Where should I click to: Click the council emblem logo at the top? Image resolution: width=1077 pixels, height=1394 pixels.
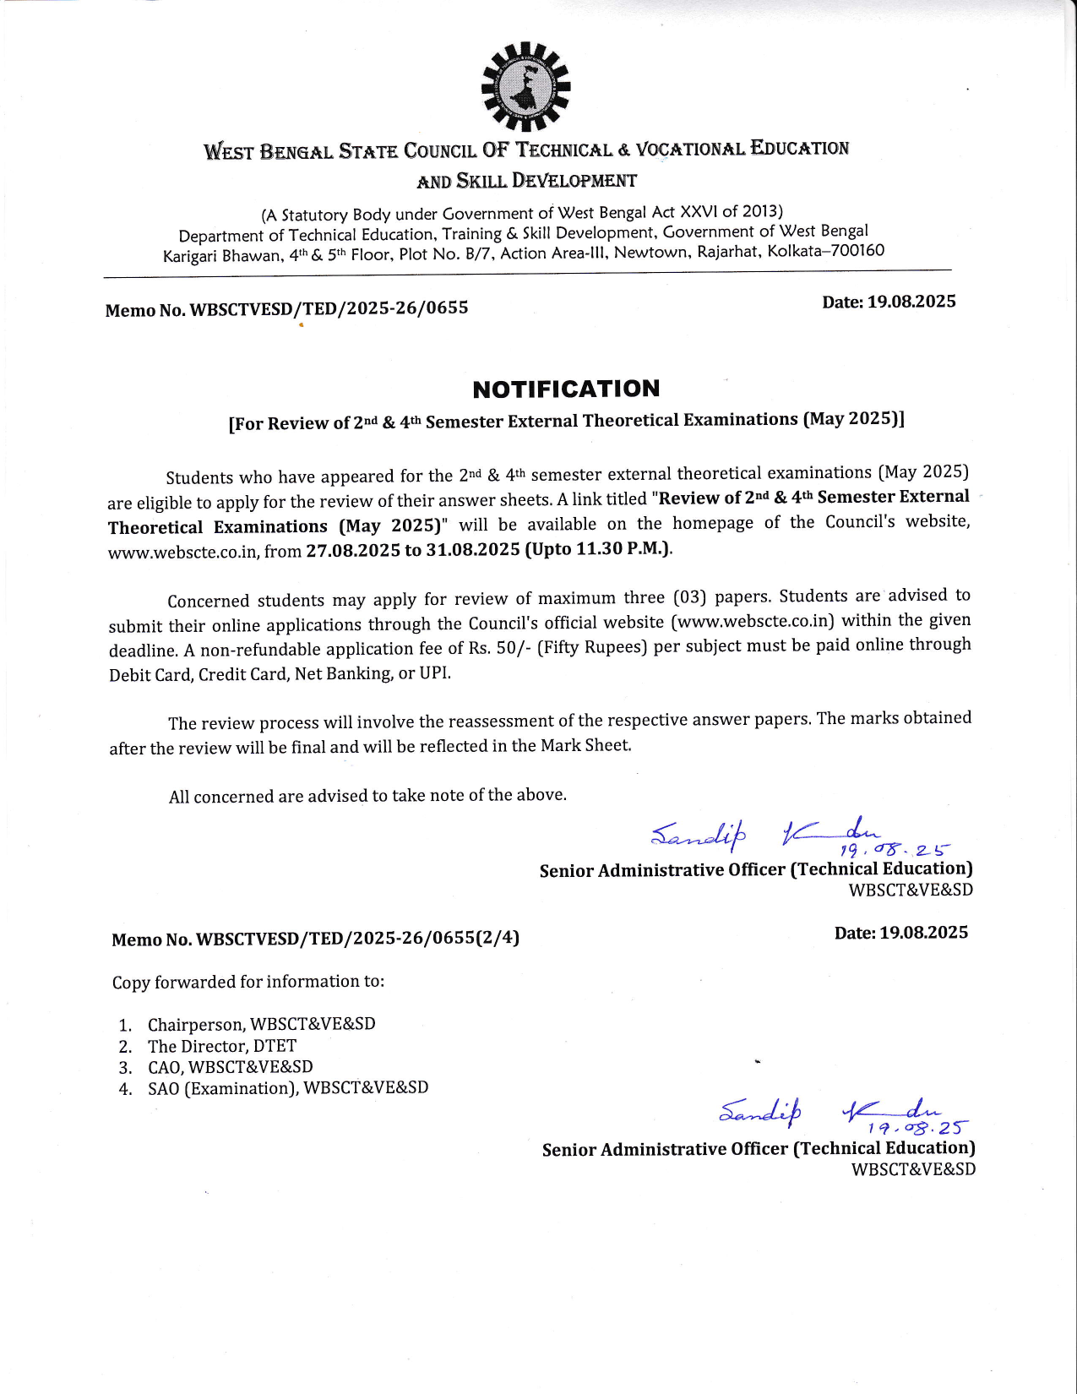[x=525, y=87]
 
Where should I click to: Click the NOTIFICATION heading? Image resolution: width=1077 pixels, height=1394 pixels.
[x=566, y=389]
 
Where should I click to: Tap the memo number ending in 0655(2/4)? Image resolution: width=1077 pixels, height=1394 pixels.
[x=315, y=939]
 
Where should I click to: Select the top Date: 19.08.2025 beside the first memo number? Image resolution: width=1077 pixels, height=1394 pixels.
[x=889, y=302]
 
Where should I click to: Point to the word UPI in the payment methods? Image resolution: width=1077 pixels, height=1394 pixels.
[x=434, y=673]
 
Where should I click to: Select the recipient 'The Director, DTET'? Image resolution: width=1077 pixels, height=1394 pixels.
[x=221, y=1046]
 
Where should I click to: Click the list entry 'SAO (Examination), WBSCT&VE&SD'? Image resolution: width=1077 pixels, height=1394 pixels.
[x=287, y=1088]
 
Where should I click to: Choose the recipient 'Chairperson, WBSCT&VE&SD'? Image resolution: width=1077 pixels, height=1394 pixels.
[x=261, y=1024]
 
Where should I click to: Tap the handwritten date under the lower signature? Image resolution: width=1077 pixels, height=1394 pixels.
[x=917, y=1127]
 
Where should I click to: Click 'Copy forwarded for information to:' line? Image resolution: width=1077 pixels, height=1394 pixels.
[x=247, y=982]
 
